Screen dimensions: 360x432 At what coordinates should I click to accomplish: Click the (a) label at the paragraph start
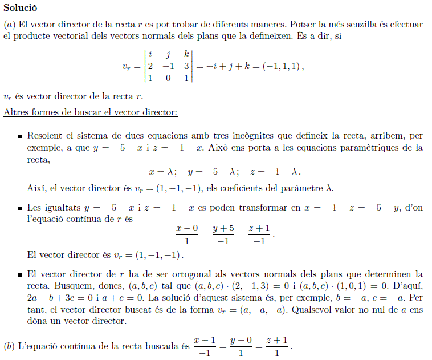tap(10, 25)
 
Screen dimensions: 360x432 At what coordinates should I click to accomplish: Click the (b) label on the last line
tap(10, 346)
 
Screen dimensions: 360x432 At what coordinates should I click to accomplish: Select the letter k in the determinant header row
tap(186, 55)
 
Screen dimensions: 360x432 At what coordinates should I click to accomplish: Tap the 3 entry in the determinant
tap(186, 66)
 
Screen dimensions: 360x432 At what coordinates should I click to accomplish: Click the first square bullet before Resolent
tap(19, 137)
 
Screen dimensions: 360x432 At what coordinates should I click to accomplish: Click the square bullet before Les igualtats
tap(19, 208)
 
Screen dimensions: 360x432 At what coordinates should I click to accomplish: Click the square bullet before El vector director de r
tap(19, 274)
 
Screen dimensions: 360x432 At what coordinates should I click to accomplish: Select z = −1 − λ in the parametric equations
tap(275, 172)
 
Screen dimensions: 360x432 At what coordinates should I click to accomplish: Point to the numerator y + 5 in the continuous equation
tap(223, 228)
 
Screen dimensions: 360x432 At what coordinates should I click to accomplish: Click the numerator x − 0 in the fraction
tap(187, 228)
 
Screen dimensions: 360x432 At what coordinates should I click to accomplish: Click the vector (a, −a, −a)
tap(267, 311)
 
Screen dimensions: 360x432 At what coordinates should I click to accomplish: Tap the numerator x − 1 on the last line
tap(205, 341)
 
